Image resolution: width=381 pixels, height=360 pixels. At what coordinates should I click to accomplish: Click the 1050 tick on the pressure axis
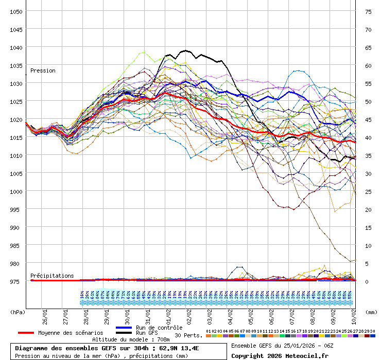16,11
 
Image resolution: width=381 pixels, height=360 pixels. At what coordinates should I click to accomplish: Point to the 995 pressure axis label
16,209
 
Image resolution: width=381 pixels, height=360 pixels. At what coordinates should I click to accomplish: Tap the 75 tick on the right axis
368,11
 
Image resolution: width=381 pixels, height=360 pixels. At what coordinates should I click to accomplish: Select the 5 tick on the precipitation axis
367,263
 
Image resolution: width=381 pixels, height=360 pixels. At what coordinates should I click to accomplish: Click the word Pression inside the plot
43,70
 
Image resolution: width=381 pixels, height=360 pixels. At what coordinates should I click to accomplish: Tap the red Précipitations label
52,276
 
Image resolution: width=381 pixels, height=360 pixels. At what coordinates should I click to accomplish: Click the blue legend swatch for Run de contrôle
124,328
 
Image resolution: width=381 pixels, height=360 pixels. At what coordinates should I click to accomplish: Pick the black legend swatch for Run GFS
124,333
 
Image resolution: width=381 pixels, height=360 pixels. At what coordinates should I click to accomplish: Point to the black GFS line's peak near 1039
185,50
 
